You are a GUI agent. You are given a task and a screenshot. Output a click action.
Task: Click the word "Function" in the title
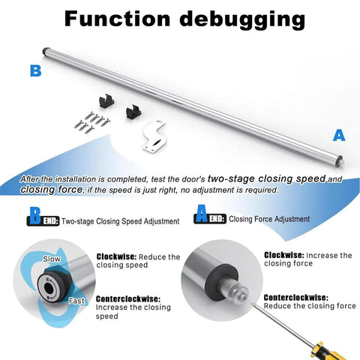pos(117,19)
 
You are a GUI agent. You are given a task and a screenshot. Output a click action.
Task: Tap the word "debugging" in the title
pos(242,20)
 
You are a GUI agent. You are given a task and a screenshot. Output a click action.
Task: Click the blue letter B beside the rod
pos(35,70)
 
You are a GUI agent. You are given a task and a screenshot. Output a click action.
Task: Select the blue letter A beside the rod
pos(339,136)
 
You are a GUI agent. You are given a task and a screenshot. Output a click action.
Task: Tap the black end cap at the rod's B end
pos(46,51)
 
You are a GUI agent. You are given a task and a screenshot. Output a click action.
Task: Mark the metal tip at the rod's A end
pos(341,160)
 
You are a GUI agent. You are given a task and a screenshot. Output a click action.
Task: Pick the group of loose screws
pos(91,121)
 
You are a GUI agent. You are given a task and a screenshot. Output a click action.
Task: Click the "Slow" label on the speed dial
pos(52,259)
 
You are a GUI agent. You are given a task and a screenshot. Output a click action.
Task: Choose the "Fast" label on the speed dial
pos(76,301)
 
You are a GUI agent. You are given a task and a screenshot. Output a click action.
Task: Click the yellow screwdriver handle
pos(328,352)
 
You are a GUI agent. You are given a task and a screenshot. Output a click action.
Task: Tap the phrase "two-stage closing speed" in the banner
pos(266,178)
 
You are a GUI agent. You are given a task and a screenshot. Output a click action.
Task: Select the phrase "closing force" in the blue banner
pos(51,189)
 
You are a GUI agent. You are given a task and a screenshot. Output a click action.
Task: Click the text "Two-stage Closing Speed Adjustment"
pos(120,221)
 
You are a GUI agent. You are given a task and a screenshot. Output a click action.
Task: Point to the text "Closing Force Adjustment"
pos(269,219)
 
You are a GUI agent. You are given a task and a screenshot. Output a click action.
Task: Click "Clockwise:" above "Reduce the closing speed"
pos(116,256)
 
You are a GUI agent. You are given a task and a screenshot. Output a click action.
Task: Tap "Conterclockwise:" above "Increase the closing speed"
pos(128,299)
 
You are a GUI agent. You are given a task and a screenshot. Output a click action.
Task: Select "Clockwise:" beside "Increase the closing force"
pos(284,255)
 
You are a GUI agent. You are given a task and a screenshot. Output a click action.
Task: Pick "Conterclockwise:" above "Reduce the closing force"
pos(295,298)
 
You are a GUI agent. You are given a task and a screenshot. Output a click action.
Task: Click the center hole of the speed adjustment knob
pos(49,289)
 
